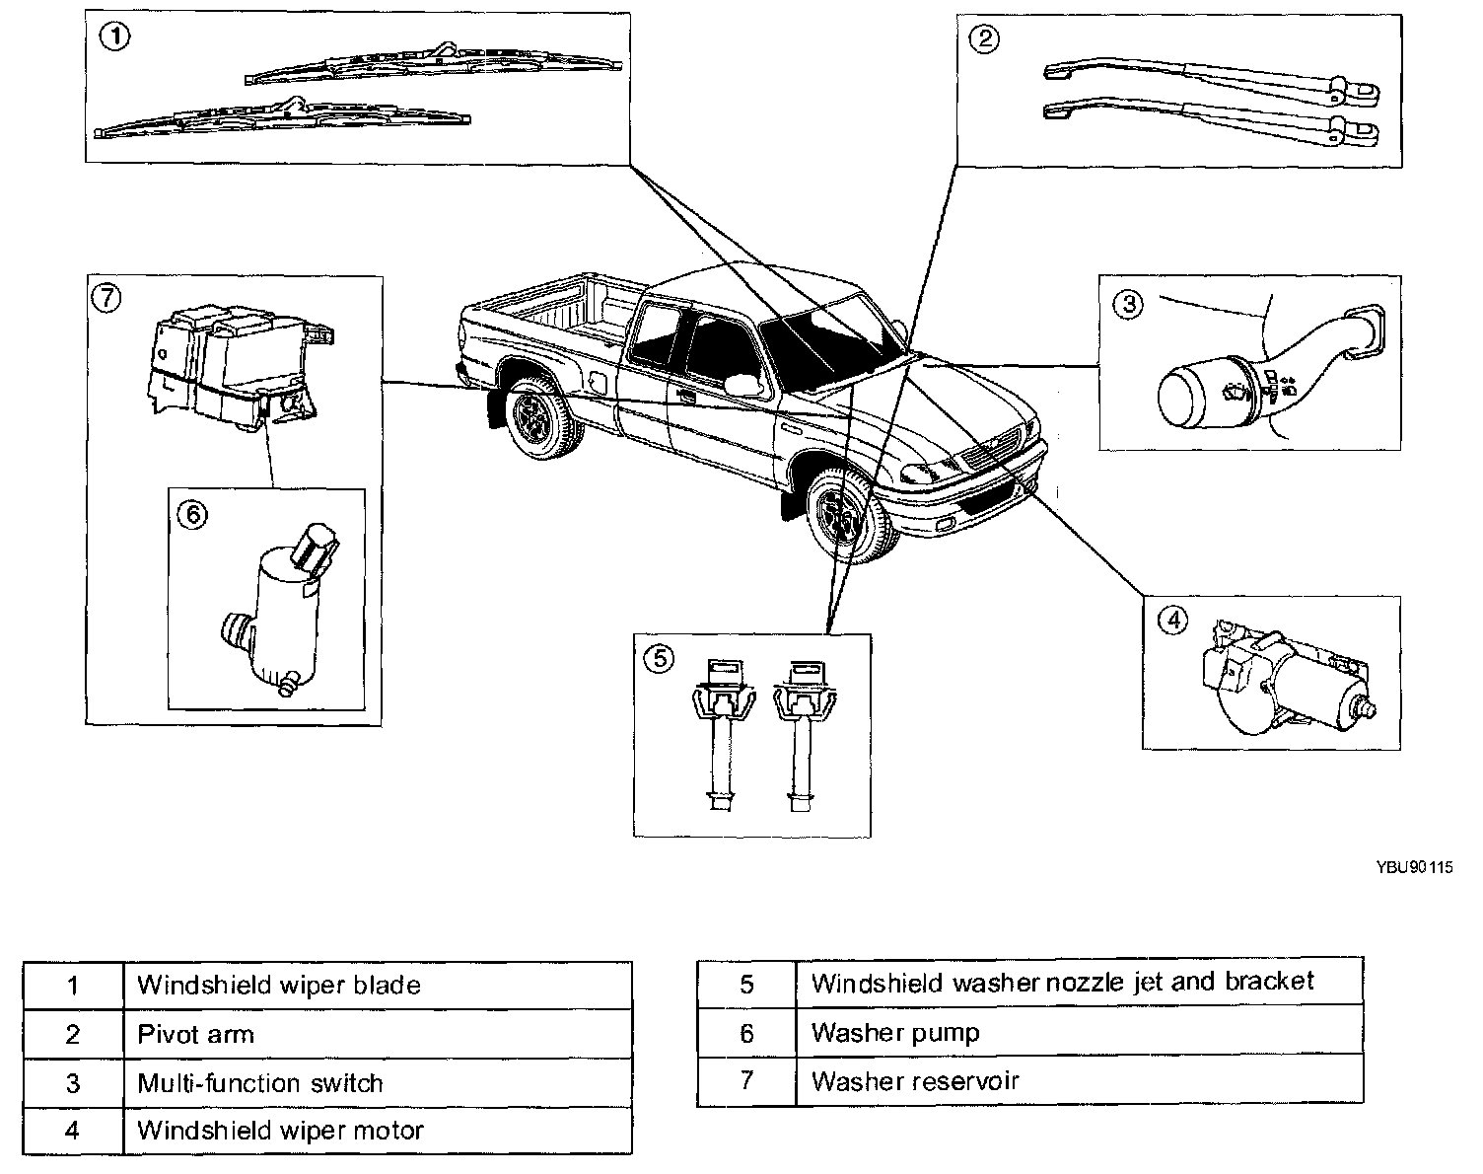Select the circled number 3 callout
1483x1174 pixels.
[1128, 304]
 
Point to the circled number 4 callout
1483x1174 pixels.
[1171, 621]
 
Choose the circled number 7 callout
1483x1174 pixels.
[106, 296]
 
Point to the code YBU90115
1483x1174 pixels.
[1415, 868]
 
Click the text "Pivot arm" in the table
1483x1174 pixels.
[195, 1034]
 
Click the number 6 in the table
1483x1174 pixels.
[746, 1033]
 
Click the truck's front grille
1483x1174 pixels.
[993, 455]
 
